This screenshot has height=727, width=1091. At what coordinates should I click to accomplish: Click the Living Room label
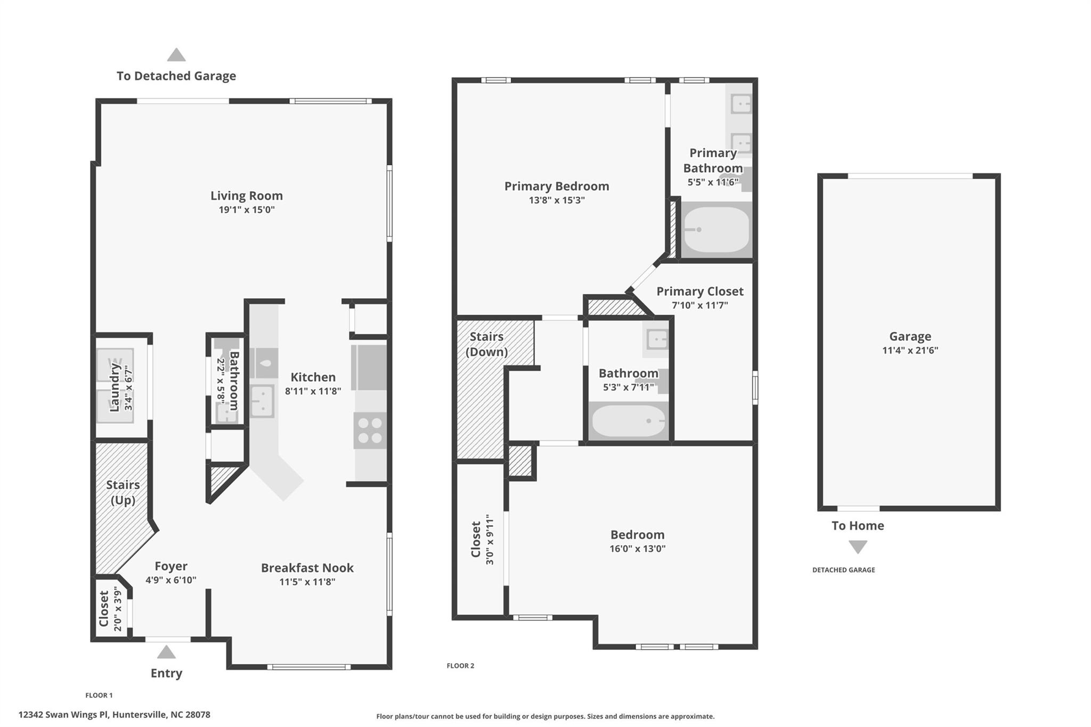point(247,195)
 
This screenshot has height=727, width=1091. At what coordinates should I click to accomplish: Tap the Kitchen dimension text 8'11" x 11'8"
point(313,391)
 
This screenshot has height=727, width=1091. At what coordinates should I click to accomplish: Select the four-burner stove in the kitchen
point(370,430)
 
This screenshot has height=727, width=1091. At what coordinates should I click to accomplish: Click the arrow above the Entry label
point(166,652)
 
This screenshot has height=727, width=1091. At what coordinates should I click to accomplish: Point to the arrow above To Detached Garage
point(176,55)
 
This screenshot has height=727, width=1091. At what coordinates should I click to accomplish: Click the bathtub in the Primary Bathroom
point(717,230)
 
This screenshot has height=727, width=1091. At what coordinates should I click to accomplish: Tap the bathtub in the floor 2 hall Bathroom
point(629,421)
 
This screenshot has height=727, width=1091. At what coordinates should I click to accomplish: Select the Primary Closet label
point(699,291)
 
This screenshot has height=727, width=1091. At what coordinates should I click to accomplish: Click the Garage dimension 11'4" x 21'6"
point(910,350)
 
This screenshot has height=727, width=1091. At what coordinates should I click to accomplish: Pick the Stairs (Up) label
point(123,492)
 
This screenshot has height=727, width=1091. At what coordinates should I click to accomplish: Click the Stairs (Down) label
point(486,344)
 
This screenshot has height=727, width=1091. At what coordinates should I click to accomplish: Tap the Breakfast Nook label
point(307,568)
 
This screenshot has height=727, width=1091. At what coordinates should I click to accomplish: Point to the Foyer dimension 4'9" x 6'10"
point(171,580)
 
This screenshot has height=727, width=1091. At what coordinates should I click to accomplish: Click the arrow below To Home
point(858,547)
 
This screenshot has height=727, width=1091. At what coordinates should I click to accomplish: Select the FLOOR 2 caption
point(460,666)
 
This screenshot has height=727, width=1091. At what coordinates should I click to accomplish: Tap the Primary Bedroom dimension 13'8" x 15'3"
point(557,200)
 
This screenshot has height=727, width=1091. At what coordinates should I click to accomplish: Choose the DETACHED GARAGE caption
point(843,570)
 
